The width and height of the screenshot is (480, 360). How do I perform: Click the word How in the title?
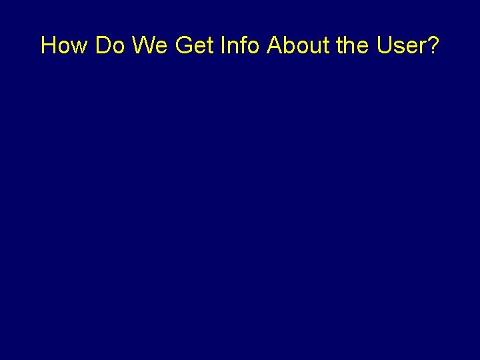(x=65, y=45)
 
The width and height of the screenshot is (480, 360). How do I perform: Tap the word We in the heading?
(x=151, y=45)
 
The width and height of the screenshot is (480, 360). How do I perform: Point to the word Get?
(x=193, y=45)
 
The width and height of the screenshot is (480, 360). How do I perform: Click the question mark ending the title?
(x=433, y=45)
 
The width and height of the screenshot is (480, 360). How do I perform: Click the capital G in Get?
(x=183, y=45)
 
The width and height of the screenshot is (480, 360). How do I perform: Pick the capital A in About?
(x=274, y=45)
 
